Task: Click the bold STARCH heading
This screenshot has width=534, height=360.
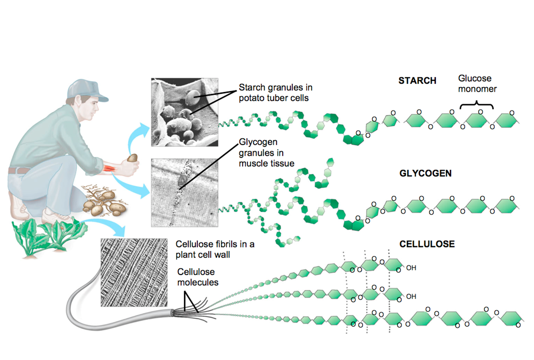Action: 417,81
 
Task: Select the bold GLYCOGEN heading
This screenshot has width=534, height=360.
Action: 425,173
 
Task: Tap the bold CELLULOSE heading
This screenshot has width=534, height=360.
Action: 427,244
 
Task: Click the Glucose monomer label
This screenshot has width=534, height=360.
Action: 477,84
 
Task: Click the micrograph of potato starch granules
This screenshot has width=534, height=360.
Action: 185,112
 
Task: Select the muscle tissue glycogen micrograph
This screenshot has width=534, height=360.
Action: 185,193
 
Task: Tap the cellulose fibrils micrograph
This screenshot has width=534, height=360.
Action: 134,272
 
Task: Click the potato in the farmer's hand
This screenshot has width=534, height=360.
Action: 132,158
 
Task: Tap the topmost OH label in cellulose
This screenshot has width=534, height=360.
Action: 411,268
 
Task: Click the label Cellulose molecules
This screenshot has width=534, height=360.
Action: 198,277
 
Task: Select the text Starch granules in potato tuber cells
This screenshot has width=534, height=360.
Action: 275,93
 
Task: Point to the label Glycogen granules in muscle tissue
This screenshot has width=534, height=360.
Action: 266,153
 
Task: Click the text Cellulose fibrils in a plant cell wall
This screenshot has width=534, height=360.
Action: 215,249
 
